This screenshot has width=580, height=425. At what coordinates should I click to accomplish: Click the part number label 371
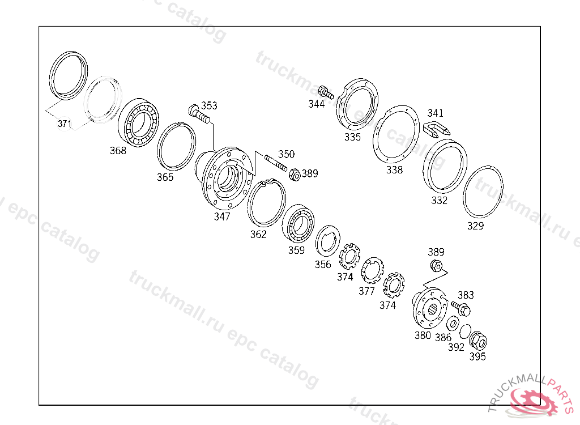click(x=65, y=124)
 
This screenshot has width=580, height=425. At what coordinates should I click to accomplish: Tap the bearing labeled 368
click(x=138, y=122)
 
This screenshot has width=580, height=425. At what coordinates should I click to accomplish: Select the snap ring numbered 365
click(x=176, y=146)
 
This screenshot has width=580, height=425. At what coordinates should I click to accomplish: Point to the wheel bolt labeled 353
click(x=199, y=114)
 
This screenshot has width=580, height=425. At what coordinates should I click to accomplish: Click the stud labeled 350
click(x=276, y=163)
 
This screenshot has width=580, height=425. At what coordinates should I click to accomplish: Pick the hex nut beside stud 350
click(x=295, y=175)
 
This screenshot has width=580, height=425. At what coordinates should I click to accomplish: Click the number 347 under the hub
click(x=222, y=216)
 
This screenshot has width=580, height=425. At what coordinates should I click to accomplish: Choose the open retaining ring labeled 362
click(x=266, y=202)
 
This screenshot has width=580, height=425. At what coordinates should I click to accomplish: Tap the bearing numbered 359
click(x=298, y=224)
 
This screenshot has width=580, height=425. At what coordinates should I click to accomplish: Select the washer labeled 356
click(x=328, y=241)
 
